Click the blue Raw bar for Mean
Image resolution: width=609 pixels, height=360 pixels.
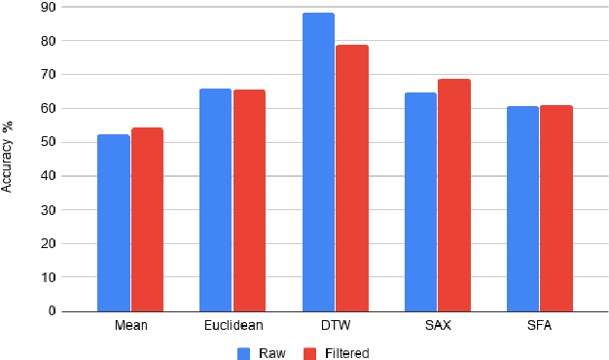[114, 223]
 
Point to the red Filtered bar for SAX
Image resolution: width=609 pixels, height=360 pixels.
[454, 196]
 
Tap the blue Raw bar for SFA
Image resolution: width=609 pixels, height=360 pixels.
[522, 209]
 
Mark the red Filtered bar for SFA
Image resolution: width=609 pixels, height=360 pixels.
[556, 208]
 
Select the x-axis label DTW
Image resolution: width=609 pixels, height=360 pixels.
[335, 325]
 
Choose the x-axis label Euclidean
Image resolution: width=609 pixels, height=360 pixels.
[233, 325]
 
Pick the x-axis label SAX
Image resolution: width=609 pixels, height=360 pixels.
[437, 325]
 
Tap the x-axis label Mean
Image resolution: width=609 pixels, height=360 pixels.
[130, 325]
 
